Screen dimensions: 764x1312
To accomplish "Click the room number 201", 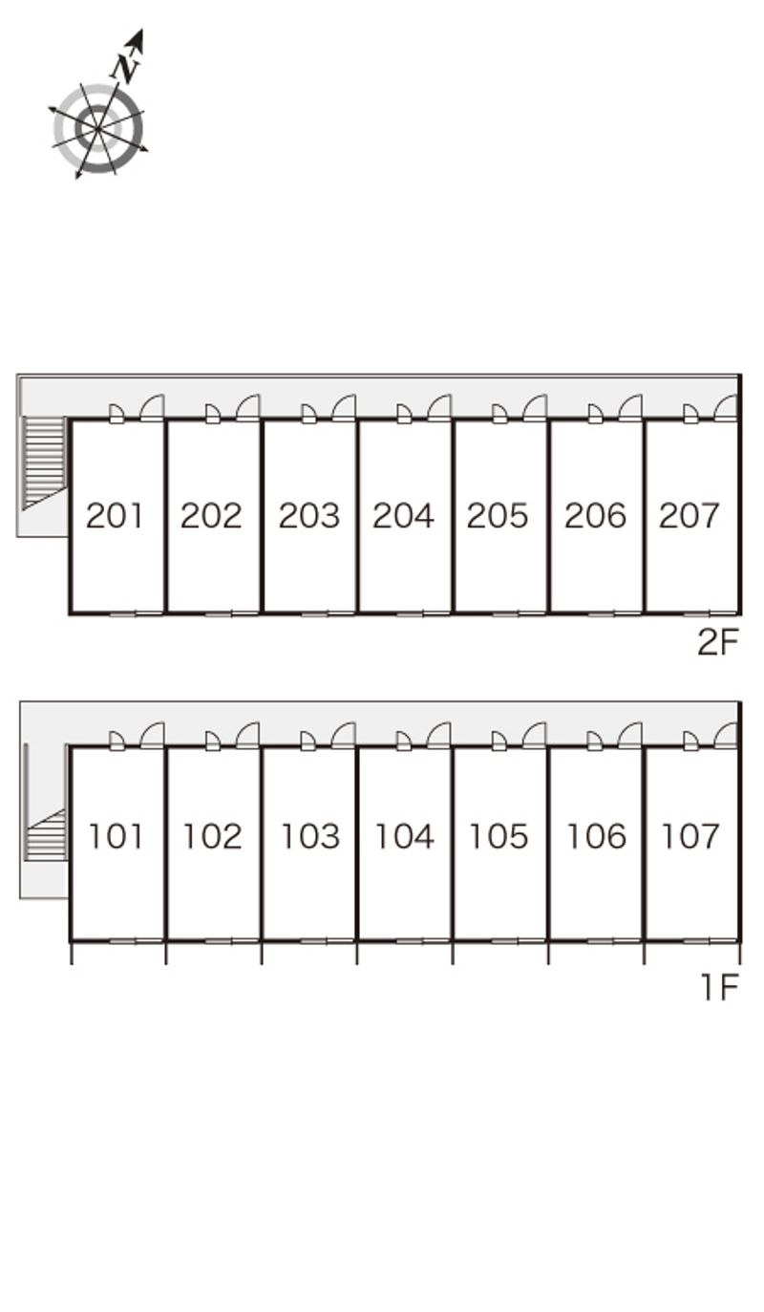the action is pyautogui.click(x=115, y=515).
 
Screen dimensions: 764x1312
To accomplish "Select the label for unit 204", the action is pyautogui.click(x=403, y=515).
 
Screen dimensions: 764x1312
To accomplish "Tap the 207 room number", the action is pyautogui.click(x=689, y=515).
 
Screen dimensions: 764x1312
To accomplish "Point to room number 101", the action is pyautogui.click(x=116, y=836).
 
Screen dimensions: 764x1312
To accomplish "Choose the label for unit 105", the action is pyautogui.click(x=499, y=836).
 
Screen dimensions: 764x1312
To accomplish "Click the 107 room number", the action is pyautogui.click(x=690, y=836).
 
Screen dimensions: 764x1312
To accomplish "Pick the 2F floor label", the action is pyautogui.click(x=718, y=642).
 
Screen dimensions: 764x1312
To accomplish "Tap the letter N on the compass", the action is pyautogui.click(x=126, y=67).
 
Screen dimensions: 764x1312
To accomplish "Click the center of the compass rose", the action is pyautogui.click(x=97, y=128).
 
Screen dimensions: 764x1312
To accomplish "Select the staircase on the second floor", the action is pyautogui.click(x=44, y=462).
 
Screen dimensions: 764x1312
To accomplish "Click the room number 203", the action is pyautogui.click(x=308, y=515).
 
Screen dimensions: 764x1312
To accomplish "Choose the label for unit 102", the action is pyautogui.click(x=213, y=836).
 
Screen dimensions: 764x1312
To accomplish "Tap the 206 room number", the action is pyautogui.click(x=595, y=515).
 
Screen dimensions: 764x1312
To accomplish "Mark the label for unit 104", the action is pyautogui.click(x=405, y=836).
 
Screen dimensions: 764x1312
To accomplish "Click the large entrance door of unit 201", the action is pyautogui.click(x=152, y=408).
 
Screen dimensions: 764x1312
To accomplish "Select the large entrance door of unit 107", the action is pyautogui.click(x=726, y=735).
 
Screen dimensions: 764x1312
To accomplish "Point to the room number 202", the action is pyautogui.click(x=211, y=515).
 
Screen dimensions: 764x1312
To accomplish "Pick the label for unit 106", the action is pyautogui.click(x=596, y=836).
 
